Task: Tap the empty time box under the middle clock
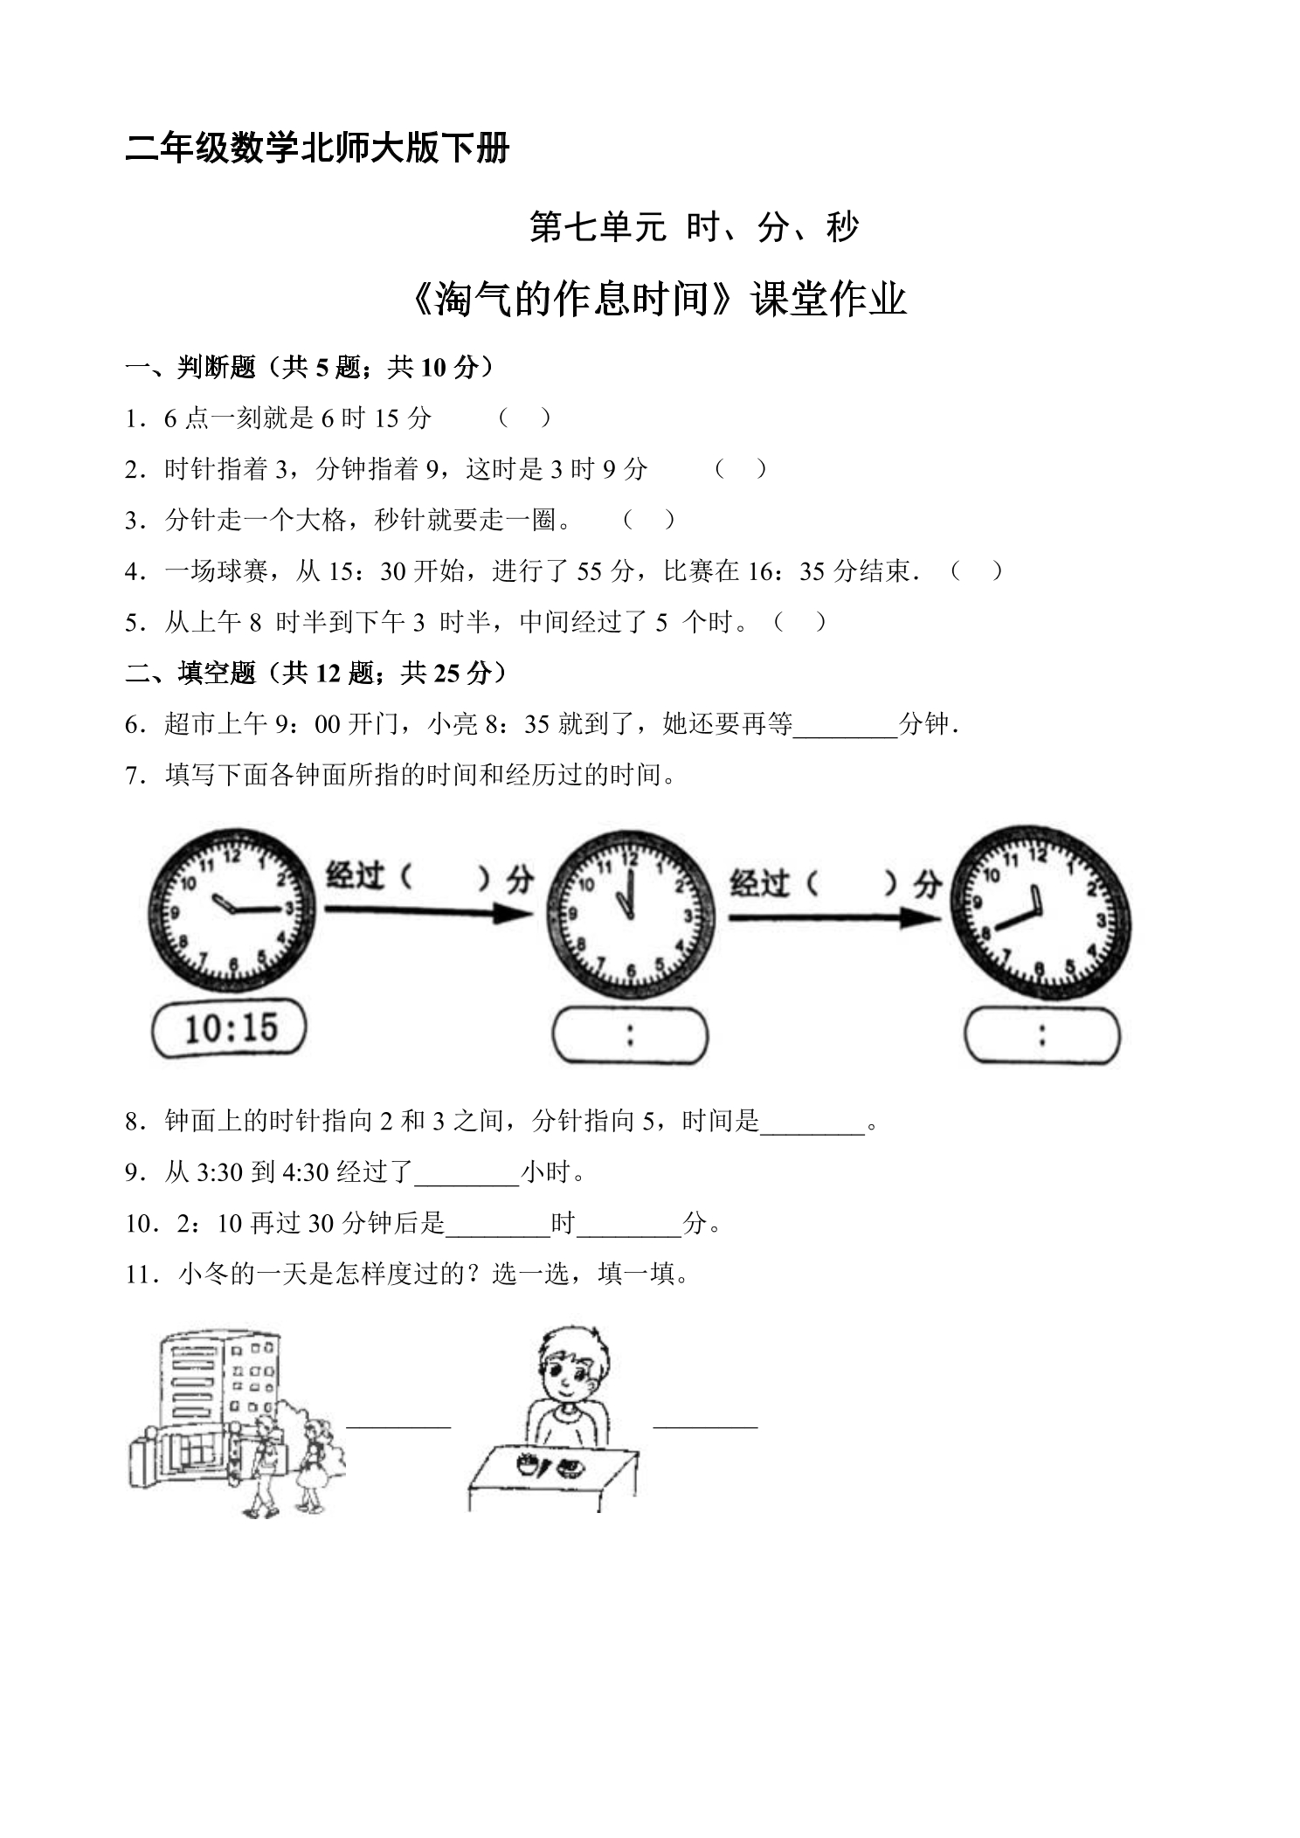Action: pos(630,1036)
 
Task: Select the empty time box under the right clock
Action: pos(1042,1036)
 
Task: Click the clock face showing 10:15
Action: pos(232,911)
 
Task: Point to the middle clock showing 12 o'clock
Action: pos(631,916)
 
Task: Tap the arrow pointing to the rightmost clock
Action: pos(835,918)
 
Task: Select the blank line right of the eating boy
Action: pos(706,1427)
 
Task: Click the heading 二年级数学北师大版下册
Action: pos(318,148)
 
